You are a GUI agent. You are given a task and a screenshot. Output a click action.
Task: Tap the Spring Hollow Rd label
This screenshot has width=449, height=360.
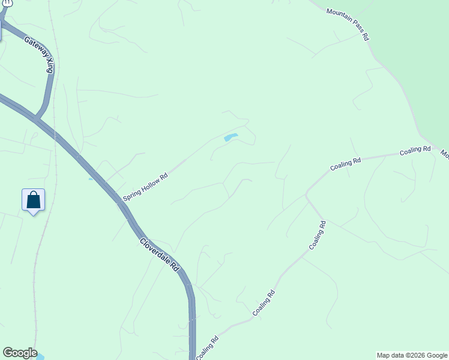tap(145, 187)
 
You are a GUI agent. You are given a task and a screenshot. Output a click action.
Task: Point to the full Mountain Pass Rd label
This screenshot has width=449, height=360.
tap(348, 24)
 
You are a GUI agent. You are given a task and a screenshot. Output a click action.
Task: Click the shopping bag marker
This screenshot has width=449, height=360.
tap(34, 200)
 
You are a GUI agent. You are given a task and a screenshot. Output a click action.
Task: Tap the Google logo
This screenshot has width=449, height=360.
tap(20, 353)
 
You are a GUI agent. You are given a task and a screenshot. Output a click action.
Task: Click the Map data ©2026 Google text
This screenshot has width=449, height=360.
tap(412, 355)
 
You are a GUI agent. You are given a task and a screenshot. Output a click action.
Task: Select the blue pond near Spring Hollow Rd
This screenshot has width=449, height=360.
tap(231, 137)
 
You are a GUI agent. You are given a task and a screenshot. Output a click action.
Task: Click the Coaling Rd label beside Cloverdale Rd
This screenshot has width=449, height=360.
tap(207, 347)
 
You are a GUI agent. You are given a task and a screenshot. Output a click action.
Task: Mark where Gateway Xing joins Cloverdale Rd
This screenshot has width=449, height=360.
tap(37, 118)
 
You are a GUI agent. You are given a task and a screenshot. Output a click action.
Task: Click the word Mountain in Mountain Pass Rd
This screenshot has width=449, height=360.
tap(339, 16)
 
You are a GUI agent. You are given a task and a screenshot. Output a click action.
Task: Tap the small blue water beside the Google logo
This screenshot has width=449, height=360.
tap(40, 358)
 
